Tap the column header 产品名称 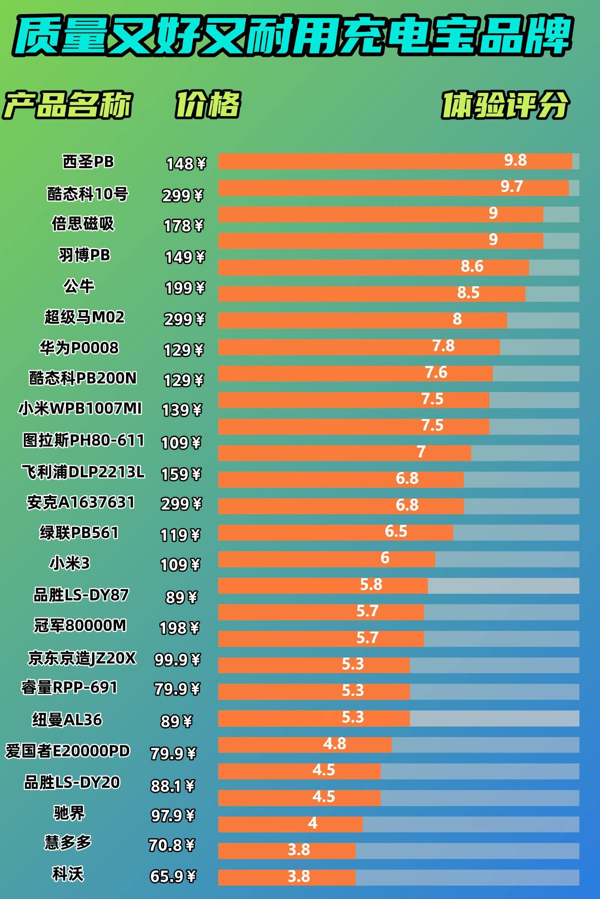pyautogui.click(x=67, y=104)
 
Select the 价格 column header pyautogui.click(x=207, y=104)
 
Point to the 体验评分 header pyautogui.click(x=505, y=104)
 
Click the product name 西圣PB pyautogui.click(x=88, y=162)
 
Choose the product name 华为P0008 pyautogui.click(x=79, y=348)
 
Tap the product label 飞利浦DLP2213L pyautogui.click(x=83, y=472)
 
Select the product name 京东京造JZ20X pyautogui.click(x=82, y=658)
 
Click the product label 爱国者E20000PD pyautogui.click(x=67, y=751)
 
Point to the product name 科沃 pyautogui.click(x=68, y=874)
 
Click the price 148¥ pyautogui.click(x=186, y=164)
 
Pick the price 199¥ pyautogui.click(x=185, y=288)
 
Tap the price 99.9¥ pyautogui.click(x=178, y=659)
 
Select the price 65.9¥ pyautogui.click(x=173, y=876)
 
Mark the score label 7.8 pyautogui.click(x=444, y=346)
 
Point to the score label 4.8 pyautogui.click(x=334, y=744)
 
